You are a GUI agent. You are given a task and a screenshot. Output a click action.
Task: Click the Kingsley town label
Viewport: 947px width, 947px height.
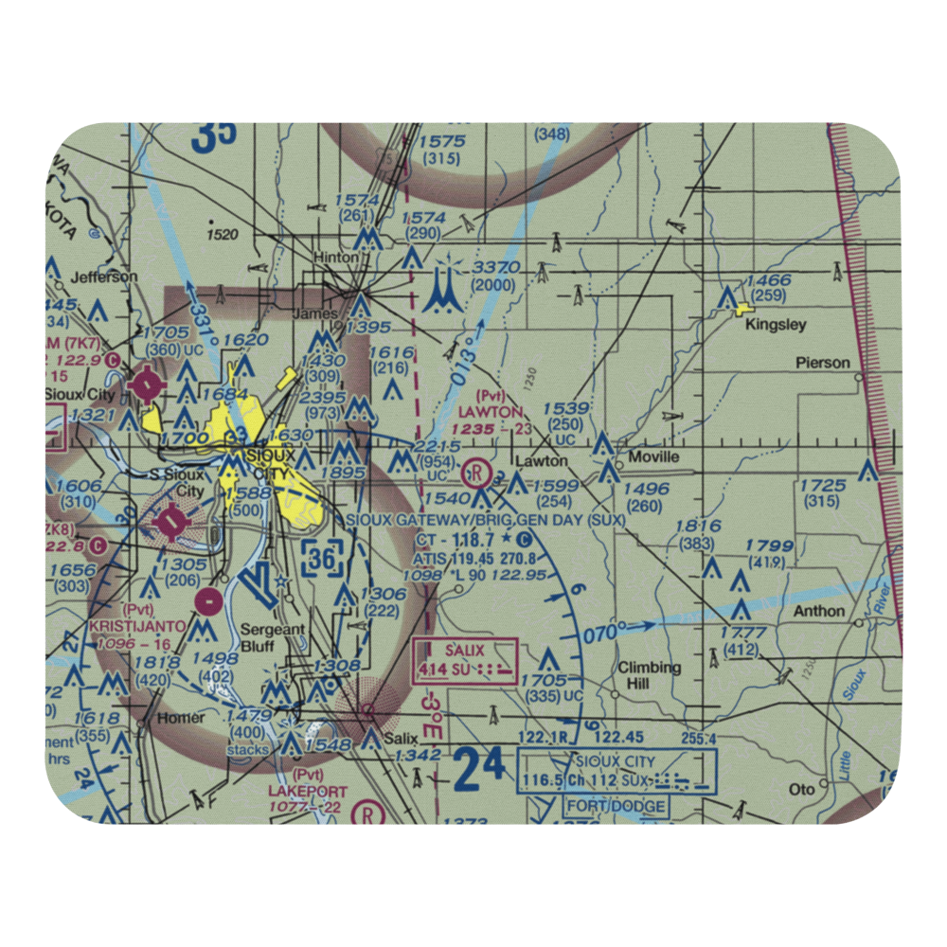776,325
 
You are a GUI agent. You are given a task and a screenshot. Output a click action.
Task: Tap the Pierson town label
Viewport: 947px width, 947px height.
822,363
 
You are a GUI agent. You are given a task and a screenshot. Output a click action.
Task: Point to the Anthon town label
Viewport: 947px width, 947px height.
818,611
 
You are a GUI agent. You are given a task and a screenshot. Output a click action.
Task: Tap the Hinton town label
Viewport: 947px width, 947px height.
337,258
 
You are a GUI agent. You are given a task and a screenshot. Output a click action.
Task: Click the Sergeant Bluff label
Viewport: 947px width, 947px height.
271,636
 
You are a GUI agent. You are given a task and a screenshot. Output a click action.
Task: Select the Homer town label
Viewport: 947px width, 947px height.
180,717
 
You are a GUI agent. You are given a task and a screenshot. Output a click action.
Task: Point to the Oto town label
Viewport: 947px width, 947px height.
802,788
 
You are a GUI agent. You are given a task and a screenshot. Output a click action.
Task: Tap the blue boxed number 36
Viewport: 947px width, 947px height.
322,559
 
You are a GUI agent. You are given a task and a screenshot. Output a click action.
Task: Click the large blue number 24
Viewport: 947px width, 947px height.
479,768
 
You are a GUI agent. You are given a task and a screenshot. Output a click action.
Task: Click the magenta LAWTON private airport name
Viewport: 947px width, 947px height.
491,412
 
